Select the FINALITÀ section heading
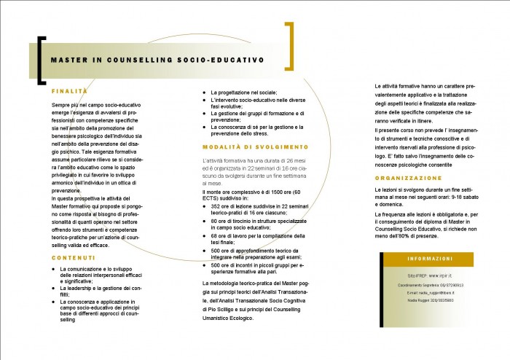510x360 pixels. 69,92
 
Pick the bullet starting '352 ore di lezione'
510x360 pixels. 204,206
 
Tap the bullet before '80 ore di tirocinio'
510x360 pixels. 204,221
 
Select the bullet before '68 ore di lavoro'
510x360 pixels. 204,235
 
